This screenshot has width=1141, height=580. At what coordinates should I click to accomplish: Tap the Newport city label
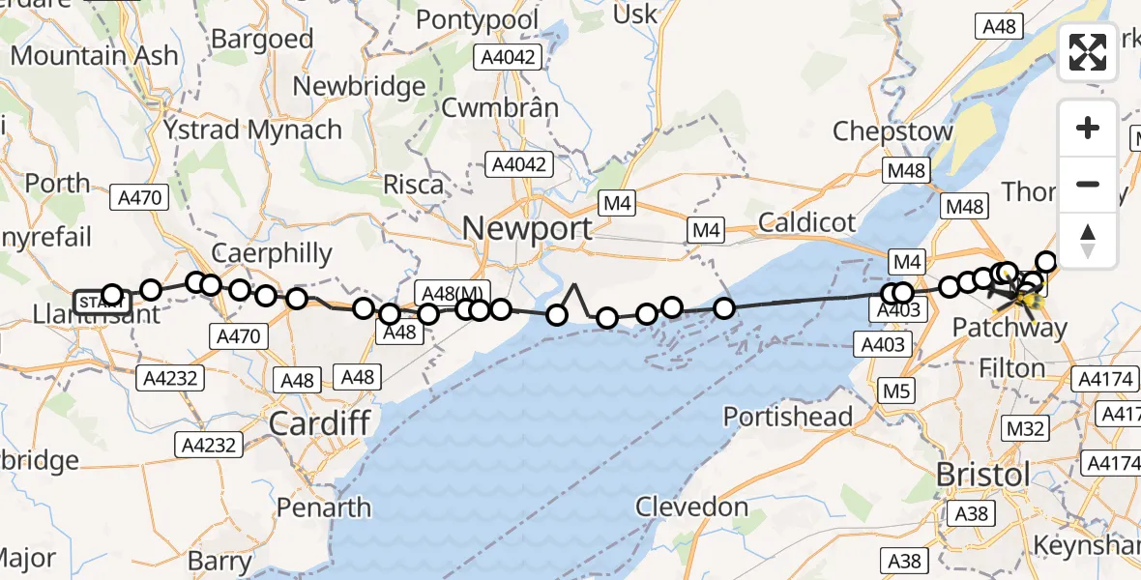point(527,229)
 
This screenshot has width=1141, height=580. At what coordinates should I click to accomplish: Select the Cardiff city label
point(319,422)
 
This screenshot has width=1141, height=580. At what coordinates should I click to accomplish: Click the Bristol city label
point(983,476)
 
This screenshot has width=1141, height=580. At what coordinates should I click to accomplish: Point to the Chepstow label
point(892,130)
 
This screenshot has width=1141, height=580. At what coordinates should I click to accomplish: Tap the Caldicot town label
point(806,222)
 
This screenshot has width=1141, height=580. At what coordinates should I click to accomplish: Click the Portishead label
point(788,417)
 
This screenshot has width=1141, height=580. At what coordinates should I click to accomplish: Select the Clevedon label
point(692,507)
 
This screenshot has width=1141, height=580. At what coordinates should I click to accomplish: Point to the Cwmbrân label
point(500,107)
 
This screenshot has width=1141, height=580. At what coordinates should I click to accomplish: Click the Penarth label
point(323,507)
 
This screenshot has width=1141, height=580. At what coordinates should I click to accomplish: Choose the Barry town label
point(219,560)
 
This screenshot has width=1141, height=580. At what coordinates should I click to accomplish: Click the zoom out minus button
point(1088,184)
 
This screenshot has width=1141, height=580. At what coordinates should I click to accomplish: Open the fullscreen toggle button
point(1088,52)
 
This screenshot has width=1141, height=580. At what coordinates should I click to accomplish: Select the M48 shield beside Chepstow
point(906,171)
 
